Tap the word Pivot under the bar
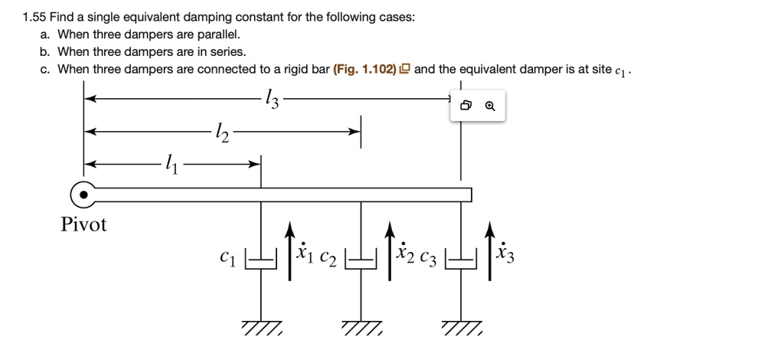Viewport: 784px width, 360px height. [x=83, y=225]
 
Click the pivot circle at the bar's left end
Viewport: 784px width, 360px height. [x=84, y=196]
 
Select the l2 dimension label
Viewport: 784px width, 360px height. [x=223, y=133]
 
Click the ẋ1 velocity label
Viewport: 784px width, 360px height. [x=305, y=254]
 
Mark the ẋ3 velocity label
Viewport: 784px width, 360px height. [x=505, y=254]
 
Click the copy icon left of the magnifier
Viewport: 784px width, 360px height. [x=466, y=107]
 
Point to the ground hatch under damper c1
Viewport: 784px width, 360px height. [x=261, y=328]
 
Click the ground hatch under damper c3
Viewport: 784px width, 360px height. [x=462, y=328]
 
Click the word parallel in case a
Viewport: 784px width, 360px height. [x=222, y=34]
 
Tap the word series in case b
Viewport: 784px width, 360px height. [x=229, y=52]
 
